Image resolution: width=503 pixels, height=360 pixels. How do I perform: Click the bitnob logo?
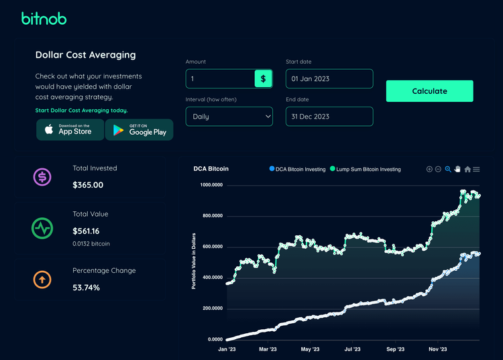(44, 18)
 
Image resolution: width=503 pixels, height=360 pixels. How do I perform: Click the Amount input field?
(220, 79)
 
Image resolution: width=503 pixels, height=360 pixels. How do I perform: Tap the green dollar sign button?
(263, 79)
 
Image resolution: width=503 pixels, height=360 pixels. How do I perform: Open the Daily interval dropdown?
(229, 116)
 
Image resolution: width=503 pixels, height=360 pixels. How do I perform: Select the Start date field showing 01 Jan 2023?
(329, 79)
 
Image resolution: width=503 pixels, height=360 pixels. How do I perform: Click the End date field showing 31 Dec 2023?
(329, 116)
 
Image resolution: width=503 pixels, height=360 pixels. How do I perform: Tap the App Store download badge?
(70, 129)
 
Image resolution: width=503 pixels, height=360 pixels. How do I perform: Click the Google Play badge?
(139, 129)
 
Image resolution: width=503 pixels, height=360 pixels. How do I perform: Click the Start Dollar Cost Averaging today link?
(81, 110)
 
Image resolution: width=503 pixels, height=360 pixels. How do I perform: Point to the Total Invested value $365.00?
(88, 184)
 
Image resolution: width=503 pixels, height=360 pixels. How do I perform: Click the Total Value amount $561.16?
(87, 231)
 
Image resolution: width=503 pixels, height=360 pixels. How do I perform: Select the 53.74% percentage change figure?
(86, 288)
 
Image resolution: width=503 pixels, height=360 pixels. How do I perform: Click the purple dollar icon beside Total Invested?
(42, 177)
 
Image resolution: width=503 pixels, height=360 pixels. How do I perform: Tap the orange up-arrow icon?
(42, 279)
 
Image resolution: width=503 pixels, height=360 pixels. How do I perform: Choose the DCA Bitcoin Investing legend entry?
(297, 170)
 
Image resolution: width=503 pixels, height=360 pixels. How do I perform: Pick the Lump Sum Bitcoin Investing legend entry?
(368, 170)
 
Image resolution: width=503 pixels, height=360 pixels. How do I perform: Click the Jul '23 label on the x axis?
(352, 349)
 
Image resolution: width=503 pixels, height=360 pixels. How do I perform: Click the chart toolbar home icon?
(467, 170)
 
